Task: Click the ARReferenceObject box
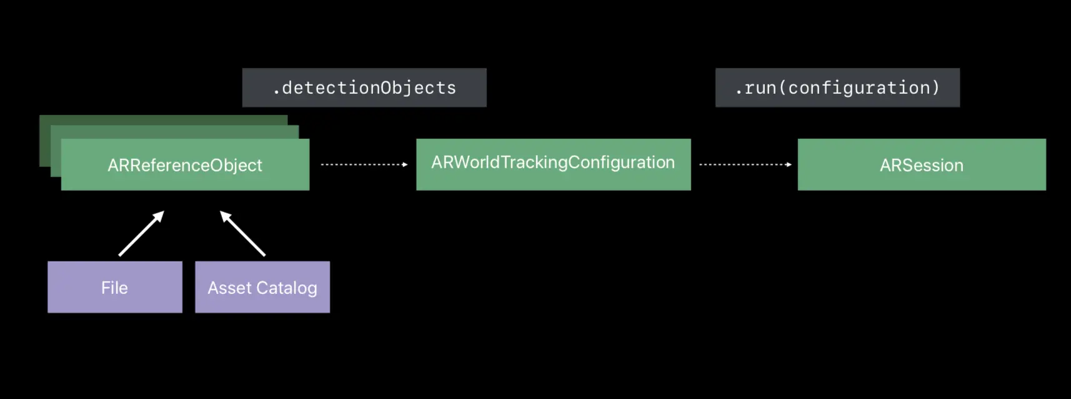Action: coord(185,164)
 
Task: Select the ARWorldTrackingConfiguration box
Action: coord(553,164)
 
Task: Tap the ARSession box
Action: coord(921,164)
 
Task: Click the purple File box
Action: coord(115,287)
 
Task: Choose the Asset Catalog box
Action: coord(262,287)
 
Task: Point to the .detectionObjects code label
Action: coord(364,88)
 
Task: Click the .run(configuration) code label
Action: coord(837,88)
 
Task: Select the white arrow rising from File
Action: coord(141,233)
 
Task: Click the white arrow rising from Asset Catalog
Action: coord(242,233)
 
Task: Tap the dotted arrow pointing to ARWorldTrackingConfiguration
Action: coord(364,164)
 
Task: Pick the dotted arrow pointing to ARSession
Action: coord(745,164)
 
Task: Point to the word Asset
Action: coord(229,288)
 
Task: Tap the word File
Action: coord(114,288)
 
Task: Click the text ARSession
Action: coord(921,165)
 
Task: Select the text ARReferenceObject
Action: coord(185,165)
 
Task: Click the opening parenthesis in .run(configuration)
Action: coord(782,88)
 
